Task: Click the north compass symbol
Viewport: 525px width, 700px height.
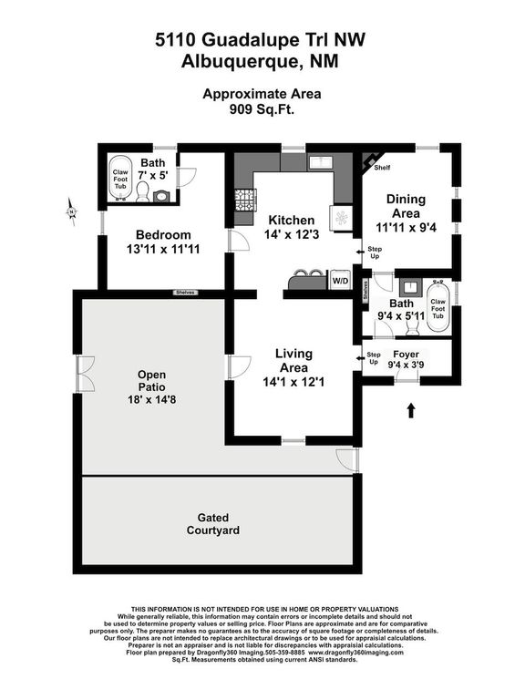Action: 72,211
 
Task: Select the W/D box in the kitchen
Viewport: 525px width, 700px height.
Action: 339,282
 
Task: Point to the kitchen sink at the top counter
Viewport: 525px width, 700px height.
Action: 319,163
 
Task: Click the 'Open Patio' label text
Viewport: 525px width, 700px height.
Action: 151,380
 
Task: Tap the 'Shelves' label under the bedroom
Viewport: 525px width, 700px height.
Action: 187,293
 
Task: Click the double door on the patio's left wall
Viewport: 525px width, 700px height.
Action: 84,372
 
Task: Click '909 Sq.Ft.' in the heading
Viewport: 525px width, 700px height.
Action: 262,108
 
